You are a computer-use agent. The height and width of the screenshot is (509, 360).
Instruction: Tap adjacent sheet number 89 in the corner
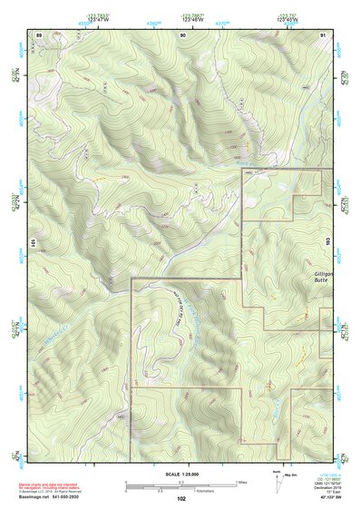[x=39, y=34]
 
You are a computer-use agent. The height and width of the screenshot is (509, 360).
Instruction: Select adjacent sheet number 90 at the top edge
[x=183, y=34]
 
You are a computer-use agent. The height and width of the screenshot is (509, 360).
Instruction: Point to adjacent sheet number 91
[x=324, y=34]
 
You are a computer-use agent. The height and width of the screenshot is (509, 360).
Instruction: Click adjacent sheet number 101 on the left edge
[x=31, y=244]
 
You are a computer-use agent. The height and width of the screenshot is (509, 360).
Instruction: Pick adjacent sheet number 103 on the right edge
[x=329, y=206]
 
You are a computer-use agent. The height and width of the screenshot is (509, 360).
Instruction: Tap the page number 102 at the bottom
[x=181, y=499]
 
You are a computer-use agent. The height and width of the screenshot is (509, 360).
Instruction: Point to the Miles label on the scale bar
[x=241, y=482]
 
